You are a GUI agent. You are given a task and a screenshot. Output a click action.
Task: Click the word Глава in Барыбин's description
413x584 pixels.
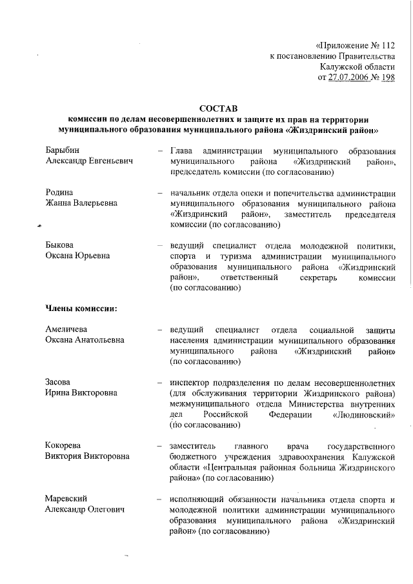click(x=183, y=150)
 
